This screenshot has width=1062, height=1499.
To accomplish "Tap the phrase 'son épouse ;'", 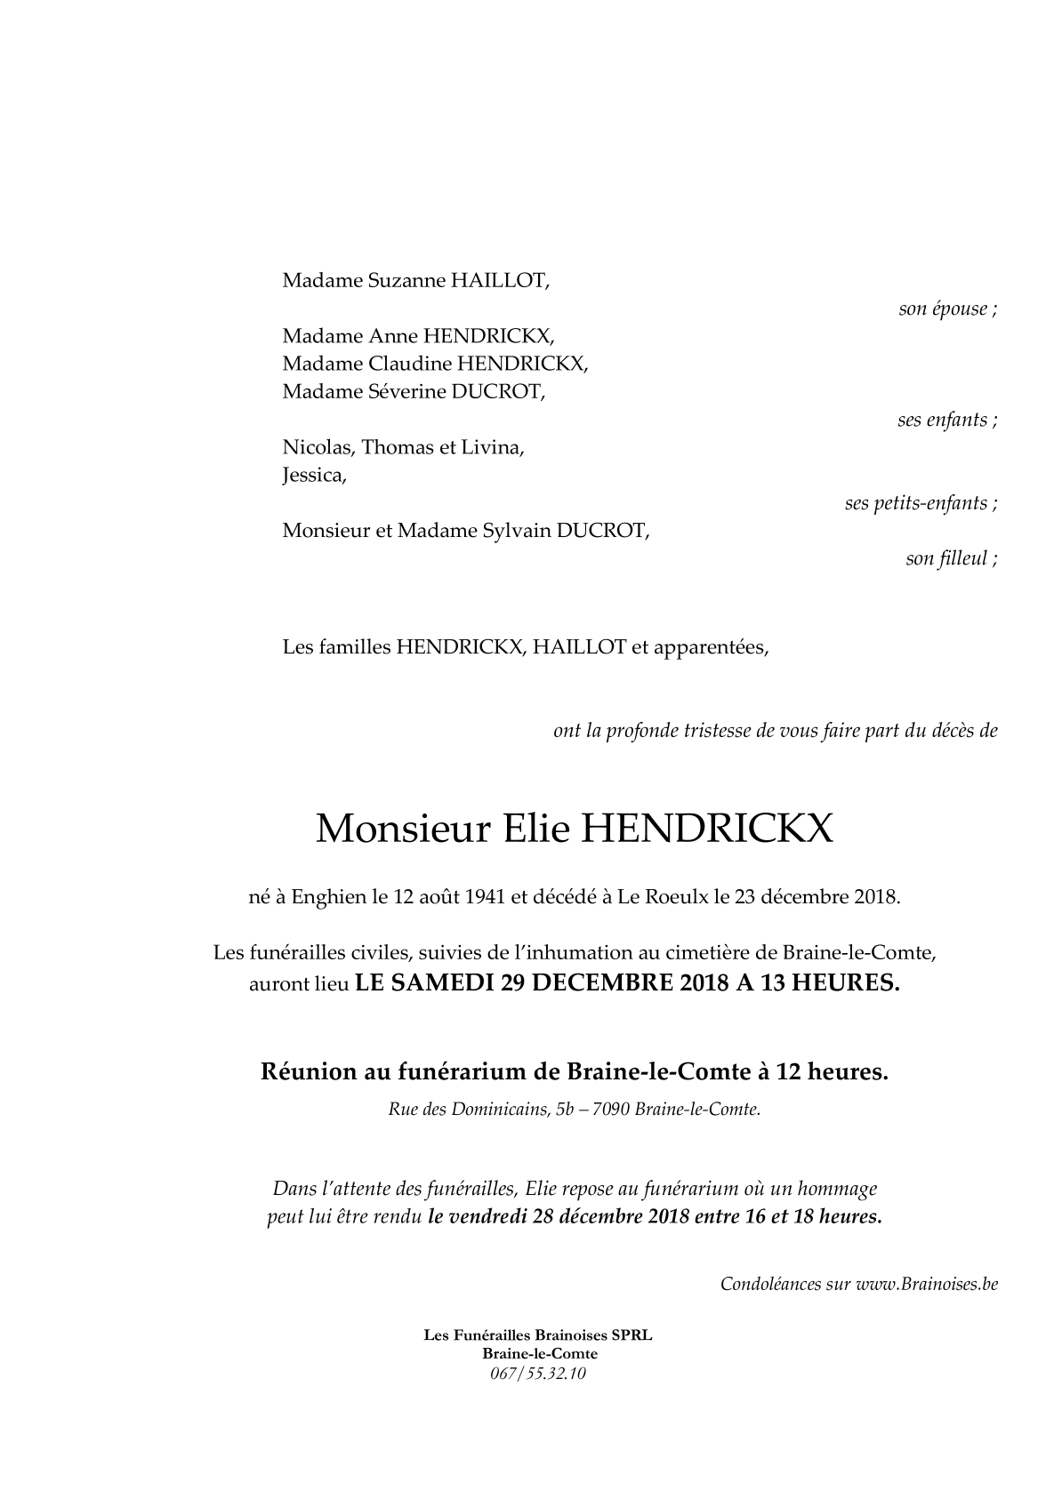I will point(947,309).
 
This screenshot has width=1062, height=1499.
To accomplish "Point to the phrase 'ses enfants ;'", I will point(946,421).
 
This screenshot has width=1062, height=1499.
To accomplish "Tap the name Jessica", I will point(313,476).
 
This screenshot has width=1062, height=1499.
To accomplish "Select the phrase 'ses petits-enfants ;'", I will point(920,503).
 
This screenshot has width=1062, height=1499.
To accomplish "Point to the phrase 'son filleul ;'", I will point(951,559).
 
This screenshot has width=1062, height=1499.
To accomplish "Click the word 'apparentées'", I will point(710,647).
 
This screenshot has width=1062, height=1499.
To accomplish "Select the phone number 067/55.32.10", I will point(538,1374).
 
